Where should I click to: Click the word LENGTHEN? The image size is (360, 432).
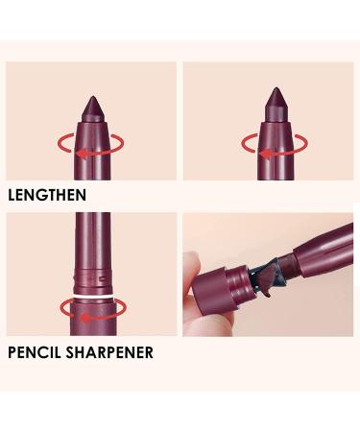coord(47,194)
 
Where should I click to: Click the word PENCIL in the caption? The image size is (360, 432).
coord(36,351)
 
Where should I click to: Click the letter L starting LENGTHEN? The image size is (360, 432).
coord(11,194)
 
